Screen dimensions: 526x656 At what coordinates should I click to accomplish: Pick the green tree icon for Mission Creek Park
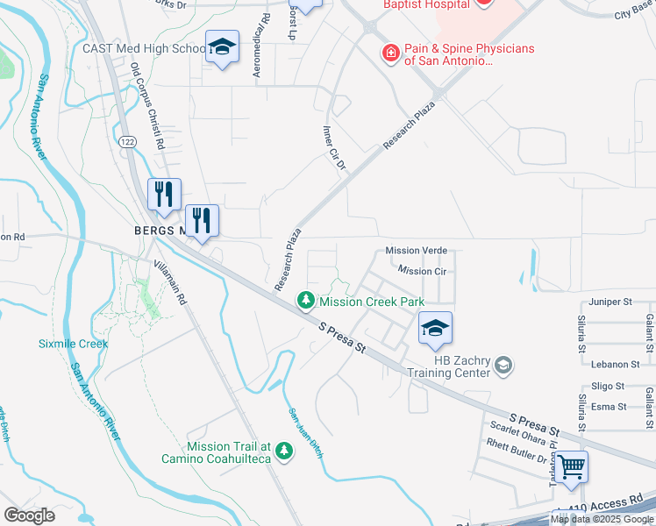[x=306, y=301]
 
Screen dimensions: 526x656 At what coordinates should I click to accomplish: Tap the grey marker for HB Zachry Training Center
[x=503, y=364]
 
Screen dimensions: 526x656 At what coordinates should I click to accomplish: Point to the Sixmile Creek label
[x=73, y=344]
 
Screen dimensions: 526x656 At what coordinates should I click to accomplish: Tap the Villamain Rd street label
[x=169, y=282]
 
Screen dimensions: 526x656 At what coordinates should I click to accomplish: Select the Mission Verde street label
[x=417, y=251]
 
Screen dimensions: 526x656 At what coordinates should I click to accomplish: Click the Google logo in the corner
[x=30, y=515]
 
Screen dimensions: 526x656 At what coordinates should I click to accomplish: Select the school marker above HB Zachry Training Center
[x=435, y=328]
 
